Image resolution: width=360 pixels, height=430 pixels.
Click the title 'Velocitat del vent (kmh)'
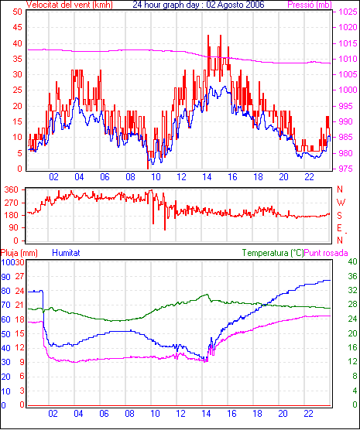pos(70,5)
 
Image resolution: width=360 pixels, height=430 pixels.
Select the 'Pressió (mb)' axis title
pos(310,5)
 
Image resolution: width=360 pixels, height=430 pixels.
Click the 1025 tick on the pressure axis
pos(348,12)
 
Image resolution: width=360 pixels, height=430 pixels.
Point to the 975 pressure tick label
pos(346,169)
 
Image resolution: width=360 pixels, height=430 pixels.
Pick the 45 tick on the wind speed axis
pos(17,27)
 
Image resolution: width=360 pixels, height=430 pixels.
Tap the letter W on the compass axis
pos(341,203)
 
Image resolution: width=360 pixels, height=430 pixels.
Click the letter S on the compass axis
pos(339,216)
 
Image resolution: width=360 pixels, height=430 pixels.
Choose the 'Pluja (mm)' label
pos(19,253)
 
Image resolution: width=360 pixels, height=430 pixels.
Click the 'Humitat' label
pos(66,253)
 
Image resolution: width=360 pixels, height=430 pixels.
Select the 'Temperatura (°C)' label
pos(273,253)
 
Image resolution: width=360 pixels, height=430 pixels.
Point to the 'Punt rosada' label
pos(326,253)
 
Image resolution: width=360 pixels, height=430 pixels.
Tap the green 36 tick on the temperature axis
pos(352,276)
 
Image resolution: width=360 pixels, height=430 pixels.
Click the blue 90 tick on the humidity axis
pos(5,277)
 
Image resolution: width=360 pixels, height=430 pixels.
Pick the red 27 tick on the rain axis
pos(19,276)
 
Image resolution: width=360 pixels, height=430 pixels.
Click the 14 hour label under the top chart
pos(207,177)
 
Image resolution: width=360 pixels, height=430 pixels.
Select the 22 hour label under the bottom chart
pos(309,413)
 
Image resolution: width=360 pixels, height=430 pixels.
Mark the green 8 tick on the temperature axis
pos(355,376)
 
